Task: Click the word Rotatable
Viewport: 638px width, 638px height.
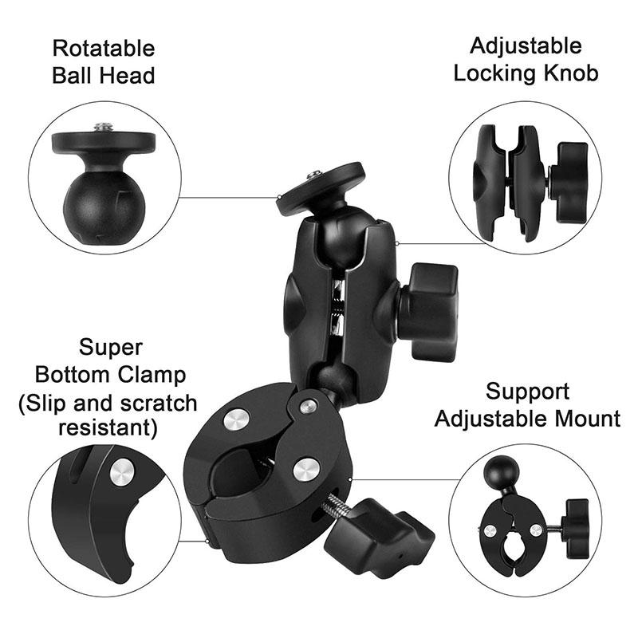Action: point(104,48)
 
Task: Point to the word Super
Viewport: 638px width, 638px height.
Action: point(111,348)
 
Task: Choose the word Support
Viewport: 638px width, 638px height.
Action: point(528,392)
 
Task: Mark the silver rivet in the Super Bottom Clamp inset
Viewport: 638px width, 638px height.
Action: point(121,473)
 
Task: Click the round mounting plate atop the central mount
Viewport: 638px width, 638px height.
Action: point(321,187)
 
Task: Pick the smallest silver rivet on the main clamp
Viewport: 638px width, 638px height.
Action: point(308,406)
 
